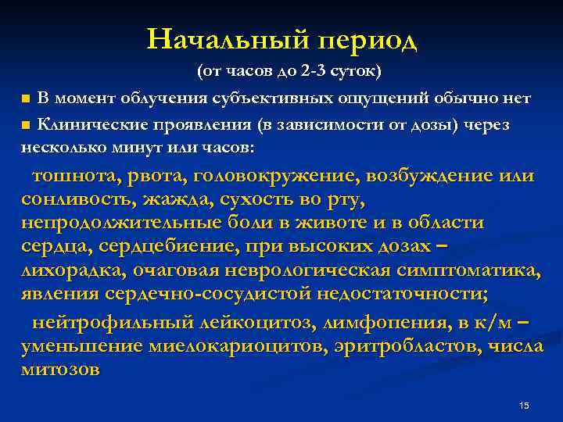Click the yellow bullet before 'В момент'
pyautogui.click(x=27, y=99)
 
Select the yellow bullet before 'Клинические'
pyautogui.click(x=27, y=124)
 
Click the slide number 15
pyautogui.click(x=524, y=405)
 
